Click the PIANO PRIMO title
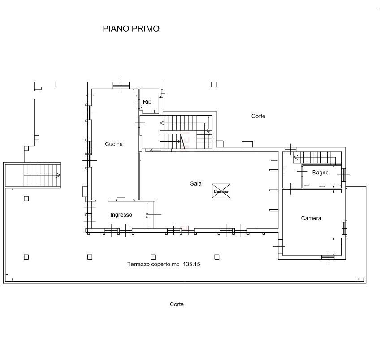coord(131,29)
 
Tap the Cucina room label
coord(114,144)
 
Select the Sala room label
coord(195,183)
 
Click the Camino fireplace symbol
coord(220,191)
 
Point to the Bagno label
coord(320,173)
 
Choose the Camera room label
coord(311,218)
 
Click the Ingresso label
coord(121,215)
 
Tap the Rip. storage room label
coord(148,102)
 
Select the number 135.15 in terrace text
coord(191,265)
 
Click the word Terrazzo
coord(138,265)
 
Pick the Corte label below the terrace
coord(177,304)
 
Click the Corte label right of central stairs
coord(258,116)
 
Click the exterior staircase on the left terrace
coord(42,175)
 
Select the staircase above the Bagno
coord(316,157)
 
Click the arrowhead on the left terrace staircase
coord(59,175)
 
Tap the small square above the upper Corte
coord(214,84)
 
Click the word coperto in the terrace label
coord(164,265)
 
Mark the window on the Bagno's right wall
coord(344,174)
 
